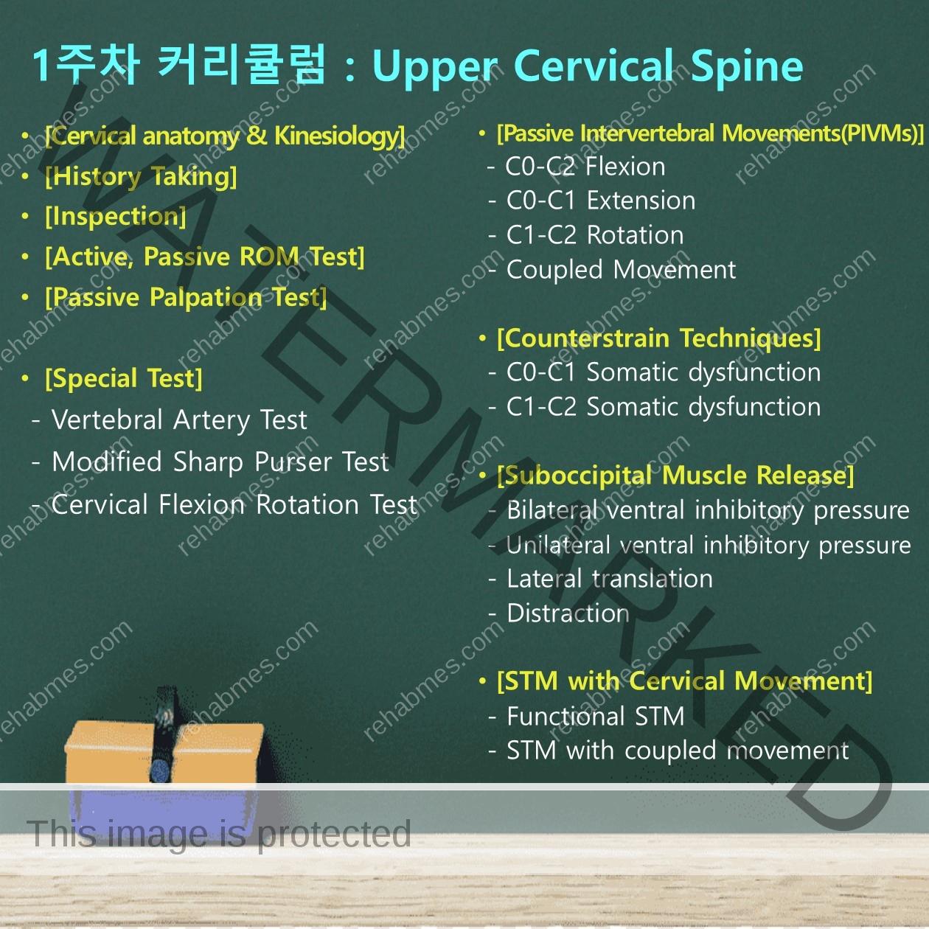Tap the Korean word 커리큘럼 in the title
tap(242, 66)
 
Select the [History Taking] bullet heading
tap(141, 177)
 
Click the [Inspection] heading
tap(115, 217)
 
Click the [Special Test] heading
tap(123, 378)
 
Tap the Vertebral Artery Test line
tap(179, 420)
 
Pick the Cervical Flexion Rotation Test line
tap(234, 505)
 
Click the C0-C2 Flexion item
tap(585, 167)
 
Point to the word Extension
tap(641, 201)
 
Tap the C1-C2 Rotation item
tap(595, 235)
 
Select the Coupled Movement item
tap(621, 270)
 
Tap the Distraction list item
tap(568, 613)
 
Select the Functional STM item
tap(596, 717)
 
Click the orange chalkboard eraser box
tap(164, 752)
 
